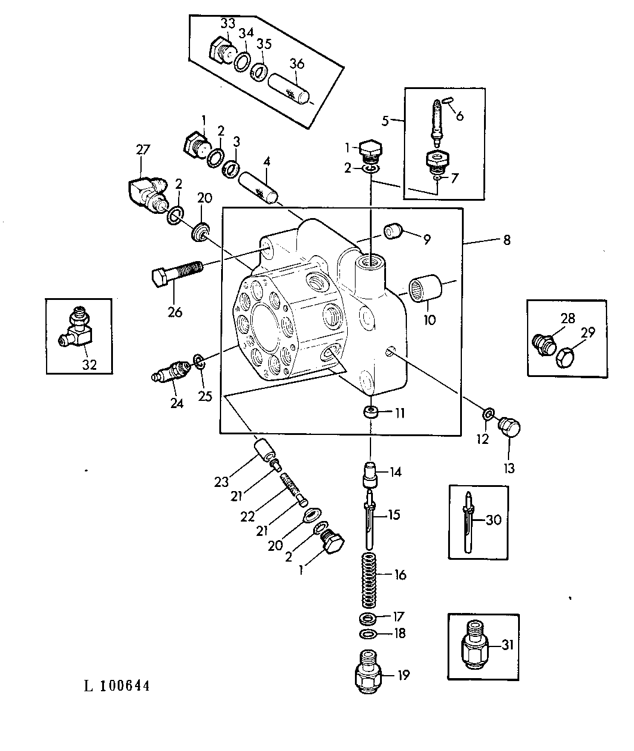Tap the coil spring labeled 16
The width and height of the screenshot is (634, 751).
click(371, 576)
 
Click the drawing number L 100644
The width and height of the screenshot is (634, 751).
click(117, 686)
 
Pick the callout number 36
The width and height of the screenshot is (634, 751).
click(297, 64)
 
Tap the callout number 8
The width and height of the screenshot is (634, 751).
click(507, 241)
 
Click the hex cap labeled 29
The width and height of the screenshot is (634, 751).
click(565, 358)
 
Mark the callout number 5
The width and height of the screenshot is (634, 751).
click(385, 121)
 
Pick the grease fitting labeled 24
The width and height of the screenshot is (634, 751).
click(171, 374)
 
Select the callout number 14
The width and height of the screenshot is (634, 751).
click(395, 472)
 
